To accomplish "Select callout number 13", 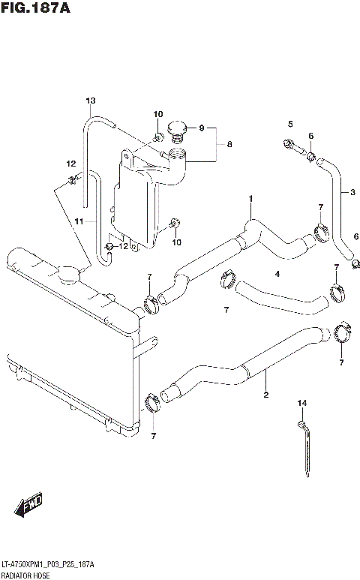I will [x=91, y=101].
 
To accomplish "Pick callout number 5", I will [x=289, y=123].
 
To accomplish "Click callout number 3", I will [x=352, y=192].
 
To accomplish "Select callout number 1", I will [x=251, y=198].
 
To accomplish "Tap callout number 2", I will [x=265, y=394].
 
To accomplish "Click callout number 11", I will [x=79, y=221].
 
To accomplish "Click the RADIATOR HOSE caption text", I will [x=28, y=573].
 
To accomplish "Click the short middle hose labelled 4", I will [x=281, y=296].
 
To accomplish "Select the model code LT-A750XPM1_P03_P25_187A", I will [x=48, y=563].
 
